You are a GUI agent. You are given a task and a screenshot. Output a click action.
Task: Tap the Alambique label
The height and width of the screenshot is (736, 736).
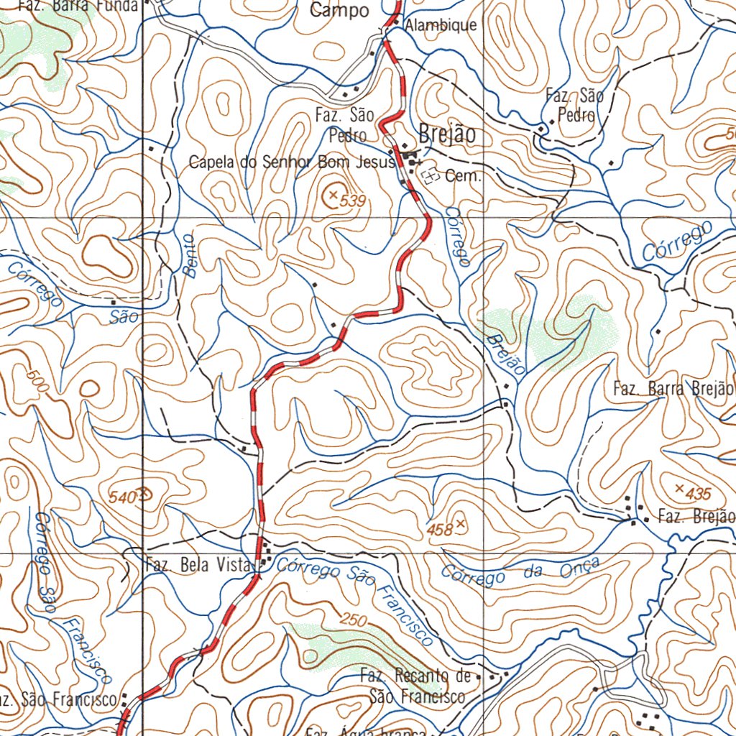point(441,25)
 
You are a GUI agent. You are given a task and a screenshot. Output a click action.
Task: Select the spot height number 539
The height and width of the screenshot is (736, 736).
point(353,203)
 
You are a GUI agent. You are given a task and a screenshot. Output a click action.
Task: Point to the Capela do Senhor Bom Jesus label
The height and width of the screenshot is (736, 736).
point(292,162)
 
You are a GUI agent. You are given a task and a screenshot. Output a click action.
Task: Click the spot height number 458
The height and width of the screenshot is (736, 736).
point(439,530)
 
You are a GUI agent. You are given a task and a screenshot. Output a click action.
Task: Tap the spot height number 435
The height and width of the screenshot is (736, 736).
point(698,494)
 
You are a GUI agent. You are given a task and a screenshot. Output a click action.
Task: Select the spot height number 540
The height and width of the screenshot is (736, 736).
point(121,496)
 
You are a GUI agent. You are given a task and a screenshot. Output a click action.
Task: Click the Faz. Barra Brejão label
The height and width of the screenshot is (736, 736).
point(673,390)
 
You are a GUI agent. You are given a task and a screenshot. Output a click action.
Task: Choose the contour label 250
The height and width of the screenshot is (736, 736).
point(354,620)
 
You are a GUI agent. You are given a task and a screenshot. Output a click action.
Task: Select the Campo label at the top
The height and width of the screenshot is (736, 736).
point(339,11)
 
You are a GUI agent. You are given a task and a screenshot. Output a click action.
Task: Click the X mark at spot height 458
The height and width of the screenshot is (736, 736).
point(460,524)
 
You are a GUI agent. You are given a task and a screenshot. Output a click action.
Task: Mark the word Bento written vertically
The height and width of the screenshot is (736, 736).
point(190,255)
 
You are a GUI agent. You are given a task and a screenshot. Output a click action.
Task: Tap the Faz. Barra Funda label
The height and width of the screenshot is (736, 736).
point(78,6)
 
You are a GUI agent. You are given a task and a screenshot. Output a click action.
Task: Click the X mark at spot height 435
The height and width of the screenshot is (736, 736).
point(679,489)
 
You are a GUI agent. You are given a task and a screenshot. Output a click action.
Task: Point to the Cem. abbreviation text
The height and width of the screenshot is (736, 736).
point(463,176)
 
